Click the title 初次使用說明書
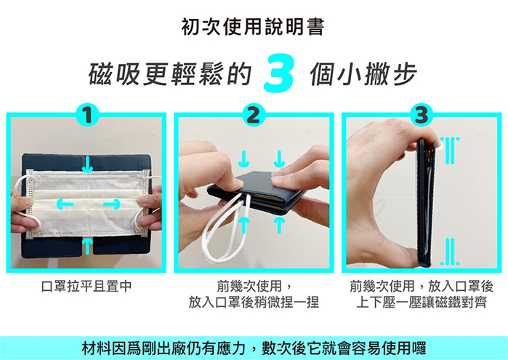[x=253, y=27]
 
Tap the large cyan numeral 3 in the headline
[x=279, y=74]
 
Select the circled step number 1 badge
[x=86, y=115]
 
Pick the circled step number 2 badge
[x=254, y=115]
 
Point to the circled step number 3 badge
[x=422, y=115]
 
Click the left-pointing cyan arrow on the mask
[x=65, y=204]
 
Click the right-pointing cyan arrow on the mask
[x=112, y=204]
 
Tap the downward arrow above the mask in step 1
[x=87, y=164]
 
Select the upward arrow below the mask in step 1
[x=87, y=247]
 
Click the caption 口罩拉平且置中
[x=86, y=287]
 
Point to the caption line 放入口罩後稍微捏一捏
[x=254, y=303]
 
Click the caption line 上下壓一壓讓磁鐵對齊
[x=422, y=303]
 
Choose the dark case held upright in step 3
[x=425, y=203]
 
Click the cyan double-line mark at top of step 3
[x=449, y=150]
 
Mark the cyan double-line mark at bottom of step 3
[x=450, y=252]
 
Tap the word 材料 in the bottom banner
[x=96, y=348]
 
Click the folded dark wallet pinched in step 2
[x=257, y=192]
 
